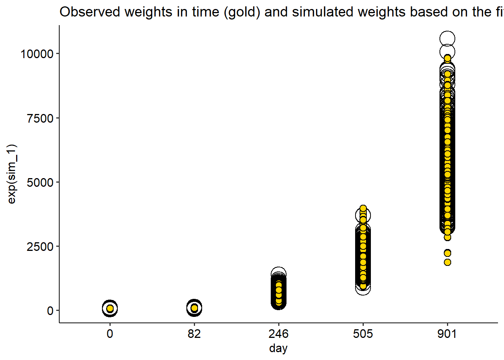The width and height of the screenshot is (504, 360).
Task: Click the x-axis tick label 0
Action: coord(110,333)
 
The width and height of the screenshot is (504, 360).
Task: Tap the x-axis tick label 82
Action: coord(194,333)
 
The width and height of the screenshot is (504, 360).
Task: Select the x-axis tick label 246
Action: coord(279,333)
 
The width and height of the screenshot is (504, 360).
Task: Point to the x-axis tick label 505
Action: coord(363,333)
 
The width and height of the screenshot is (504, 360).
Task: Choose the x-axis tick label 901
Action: coord(447,333)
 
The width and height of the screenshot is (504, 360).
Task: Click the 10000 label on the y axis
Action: coord(37,54)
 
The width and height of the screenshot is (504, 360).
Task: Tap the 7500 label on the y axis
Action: coord(40,118)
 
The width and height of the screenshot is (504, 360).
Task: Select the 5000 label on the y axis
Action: coord(40,183)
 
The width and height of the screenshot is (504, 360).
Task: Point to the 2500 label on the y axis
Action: coord(40,247)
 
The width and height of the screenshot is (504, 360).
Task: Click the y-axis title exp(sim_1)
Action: coord(12,174)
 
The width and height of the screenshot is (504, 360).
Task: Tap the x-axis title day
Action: coord(278,348)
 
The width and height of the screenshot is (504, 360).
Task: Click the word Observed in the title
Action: coord(90,12)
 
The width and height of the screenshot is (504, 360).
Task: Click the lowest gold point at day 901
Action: coord(447,262)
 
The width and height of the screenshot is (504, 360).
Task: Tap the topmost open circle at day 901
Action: coord(447,39)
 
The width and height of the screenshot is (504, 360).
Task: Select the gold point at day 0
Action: coord(110,308)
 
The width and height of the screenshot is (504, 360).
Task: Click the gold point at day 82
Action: coord(194,308)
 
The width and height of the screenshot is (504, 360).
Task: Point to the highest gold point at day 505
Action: coord(363,208)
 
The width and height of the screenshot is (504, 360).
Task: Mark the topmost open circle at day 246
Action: coord(279,274)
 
